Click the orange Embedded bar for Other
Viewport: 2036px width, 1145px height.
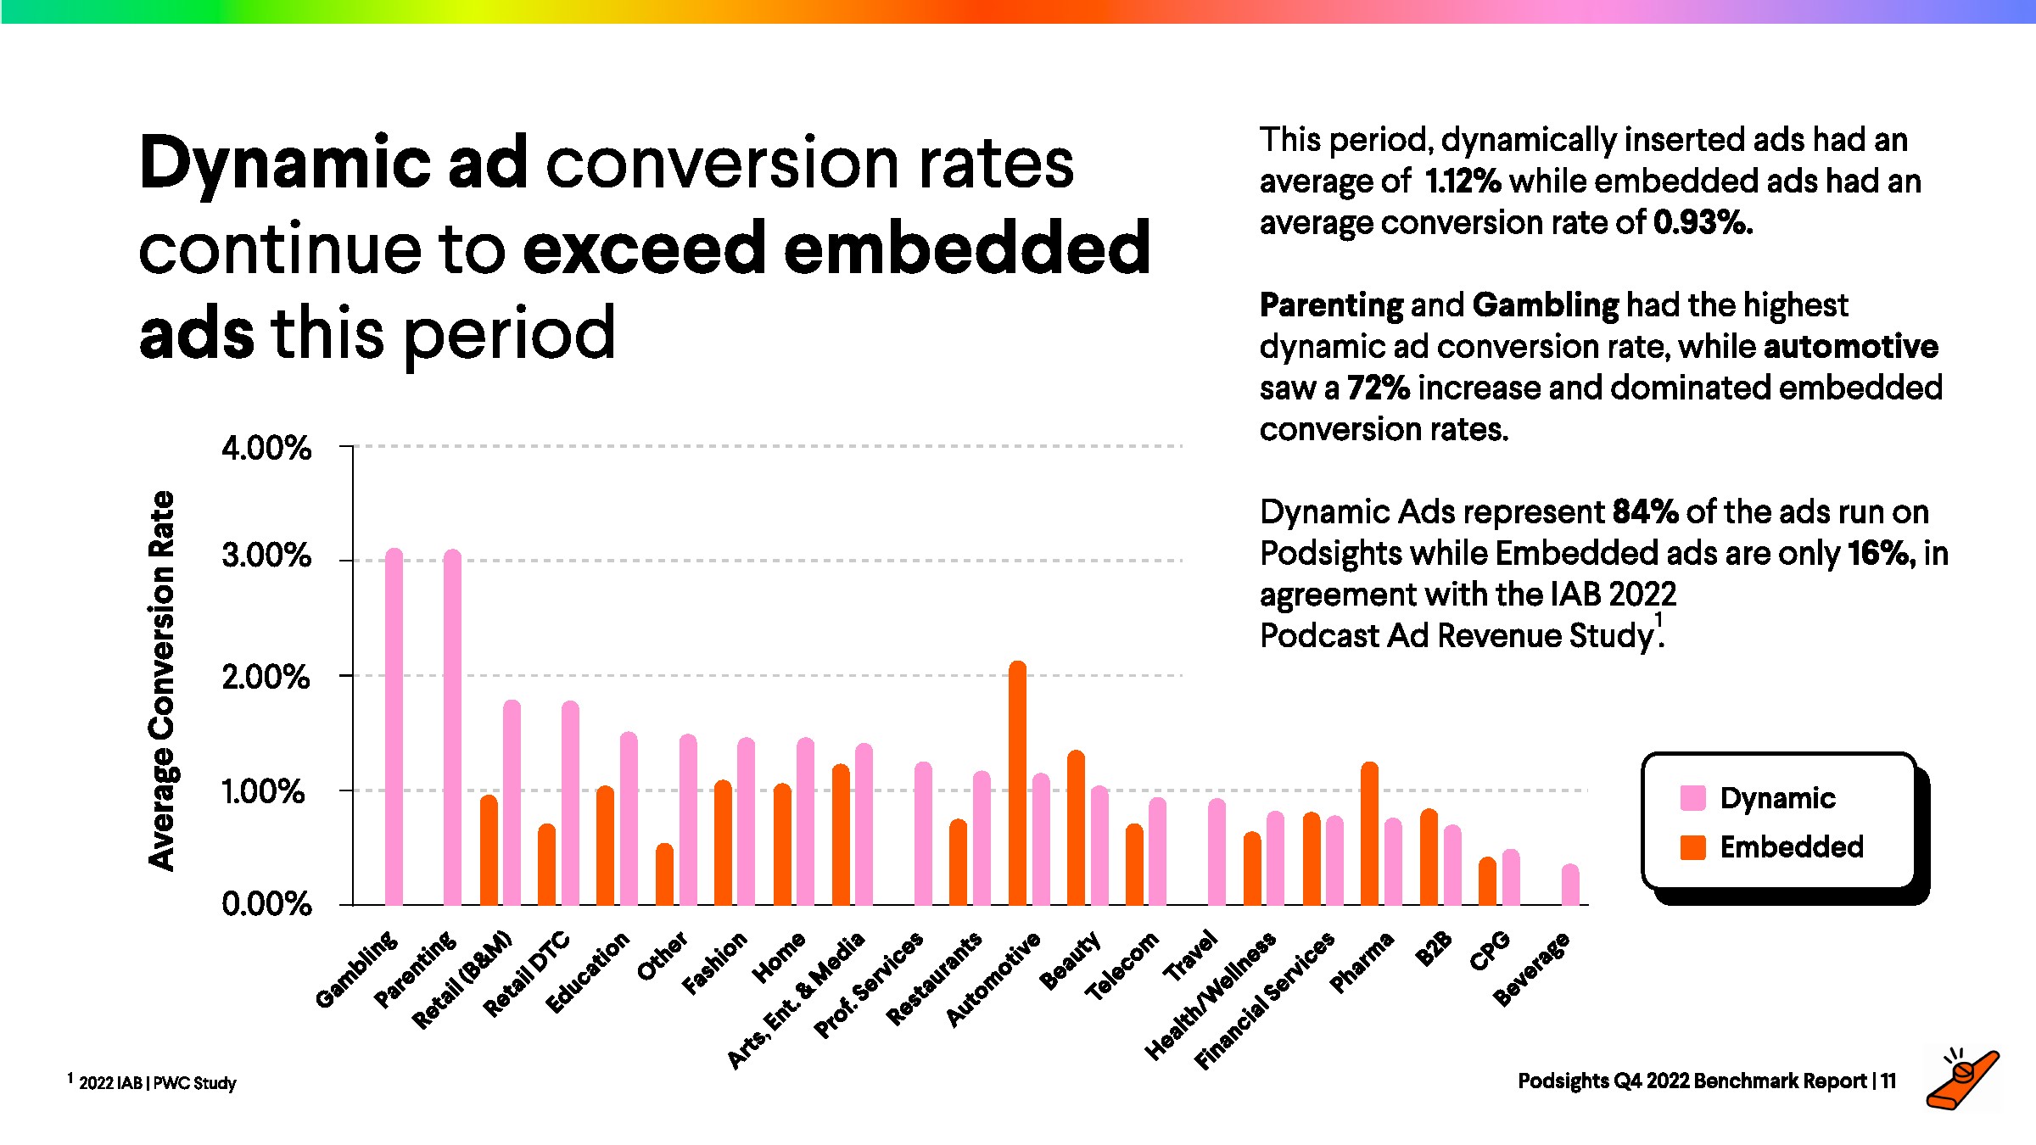pyautogui.click(x=664, y=874)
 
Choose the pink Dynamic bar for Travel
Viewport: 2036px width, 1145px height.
pyautogui.click(x=1217, y=852)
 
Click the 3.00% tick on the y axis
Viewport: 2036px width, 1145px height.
pyautogui.click(x=266, y=557)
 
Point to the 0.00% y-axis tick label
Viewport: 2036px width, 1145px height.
pyautogui.click(x=266, y=904)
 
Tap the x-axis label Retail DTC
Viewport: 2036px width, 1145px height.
pyautogui.click(x=527, y=974)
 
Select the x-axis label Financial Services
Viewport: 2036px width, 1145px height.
pyautogui.click(x=1264, y=1001)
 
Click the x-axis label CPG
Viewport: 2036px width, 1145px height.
pyautogui.click(x=1490, y=951)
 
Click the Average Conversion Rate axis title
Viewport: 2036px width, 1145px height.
pyautogui.click(x=161, y=680)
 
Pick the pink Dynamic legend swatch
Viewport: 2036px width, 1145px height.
pyautogui.click(x=1692, y=798)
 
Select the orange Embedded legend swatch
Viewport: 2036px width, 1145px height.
pyautogui.click(x=1692, y=847)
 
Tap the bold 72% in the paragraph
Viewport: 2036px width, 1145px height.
pyautogui.click(x=1379, y=388)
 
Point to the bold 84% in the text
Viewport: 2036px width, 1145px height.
pyautogui.click(x=1645, y=512)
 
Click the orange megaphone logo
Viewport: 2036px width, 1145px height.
pyautogui.click(x=1962, y=1081)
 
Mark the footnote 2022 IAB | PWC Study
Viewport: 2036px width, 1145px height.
pyautogui.click(x=157, y=1083)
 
